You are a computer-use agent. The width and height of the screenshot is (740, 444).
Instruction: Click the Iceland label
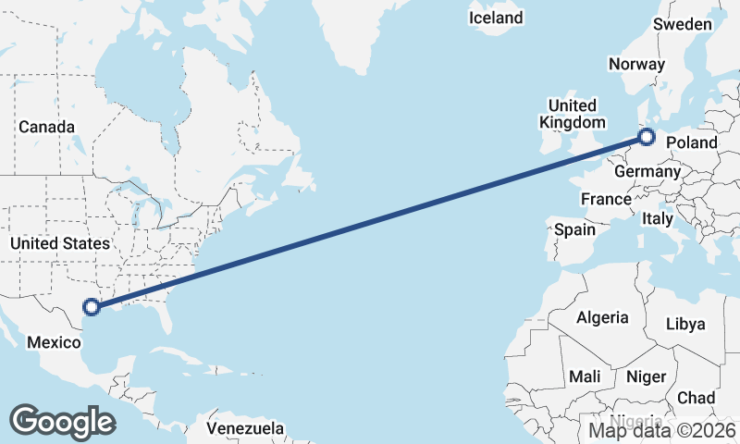[x=496, y=18]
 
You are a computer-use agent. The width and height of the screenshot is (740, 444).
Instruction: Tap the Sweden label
[x=683, y=25]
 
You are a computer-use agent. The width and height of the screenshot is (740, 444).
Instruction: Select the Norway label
[x=636, y=64]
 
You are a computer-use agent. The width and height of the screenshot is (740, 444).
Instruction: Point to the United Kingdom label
[x=573, y=114]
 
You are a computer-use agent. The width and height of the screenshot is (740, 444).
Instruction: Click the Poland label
[x=692, y=142]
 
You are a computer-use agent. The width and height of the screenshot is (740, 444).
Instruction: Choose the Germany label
[x=647, y=172]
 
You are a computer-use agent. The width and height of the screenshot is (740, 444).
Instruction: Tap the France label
[x=606, y=199]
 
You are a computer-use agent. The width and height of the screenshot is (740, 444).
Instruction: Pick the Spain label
[x=573, y=228]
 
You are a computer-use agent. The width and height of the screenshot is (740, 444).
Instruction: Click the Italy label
[x=658, y=219]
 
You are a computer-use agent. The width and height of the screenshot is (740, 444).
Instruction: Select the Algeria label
[x=602, y=317]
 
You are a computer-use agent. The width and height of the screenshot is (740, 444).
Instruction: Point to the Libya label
[x=685, y=324]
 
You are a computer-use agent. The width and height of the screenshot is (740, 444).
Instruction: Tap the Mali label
[x=585, y=376]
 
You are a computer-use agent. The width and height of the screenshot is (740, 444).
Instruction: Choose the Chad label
[x=696, y=398]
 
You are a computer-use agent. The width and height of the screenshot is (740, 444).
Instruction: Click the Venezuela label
[x=245, y=429]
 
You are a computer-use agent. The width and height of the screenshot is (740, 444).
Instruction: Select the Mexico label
[x=54, y=342]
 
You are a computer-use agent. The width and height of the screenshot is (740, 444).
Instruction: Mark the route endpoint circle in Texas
[x=91, y=307]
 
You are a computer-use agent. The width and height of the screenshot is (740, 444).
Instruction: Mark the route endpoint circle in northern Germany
[x=647, y=138]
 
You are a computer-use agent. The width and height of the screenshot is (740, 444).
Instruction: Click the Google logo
[x=62, y=422]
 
